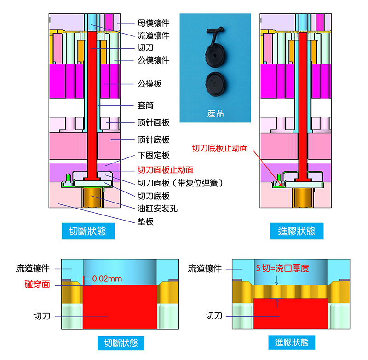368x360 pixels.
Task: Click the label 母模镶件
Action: tap(154, 22)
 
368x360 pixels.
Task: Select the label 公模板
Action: tap(149, 84)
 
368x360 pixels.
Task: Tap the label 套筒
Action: tap(146, 106)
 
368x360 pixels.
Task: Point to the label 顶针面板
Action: tap(154, 122)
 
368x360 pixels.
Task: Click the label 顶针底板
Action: tap(154, 139)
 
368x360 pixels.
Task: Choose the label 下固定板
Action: tap(154, 155)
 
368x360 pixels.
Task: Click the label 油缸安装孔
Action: tap(158, 209)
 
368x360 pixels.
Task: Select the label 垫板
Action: tap(146, 222)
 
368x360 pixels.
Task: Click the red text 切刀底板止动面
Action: tap(219, 148)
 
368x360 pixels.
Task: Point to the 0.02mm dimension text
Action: tap(107, 279)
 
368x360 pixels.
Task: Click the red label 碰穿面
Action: tap(37, 284)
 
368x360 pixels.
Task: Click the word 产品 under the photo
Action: tap(215, 113)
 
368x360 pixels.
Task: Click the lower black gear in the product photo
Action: tap(215, 83)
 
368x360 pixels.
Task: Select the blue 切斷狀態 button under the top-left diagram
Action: tap(87, 231)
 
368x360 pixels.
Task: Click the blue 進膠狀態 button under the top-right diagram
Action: tap(297, 231)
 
